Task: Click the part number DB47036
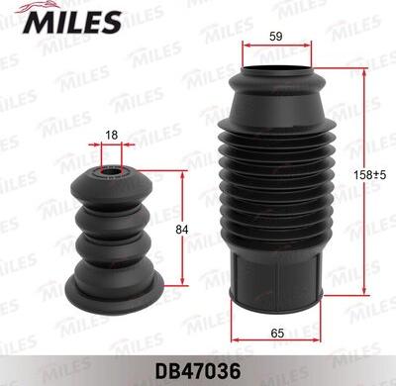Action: (x=198, y=372)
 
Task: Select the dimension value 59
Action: (x=276, y=37)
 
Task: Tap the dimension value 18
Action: (x=112, y=135)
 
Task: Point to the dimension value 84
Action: (x=181, y=230)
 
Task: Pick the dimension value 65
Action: (x=277, y=334)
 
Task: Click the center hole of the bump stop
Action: (x=112, y=172)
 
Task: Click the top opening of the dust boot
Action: (x=276, y=69)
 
